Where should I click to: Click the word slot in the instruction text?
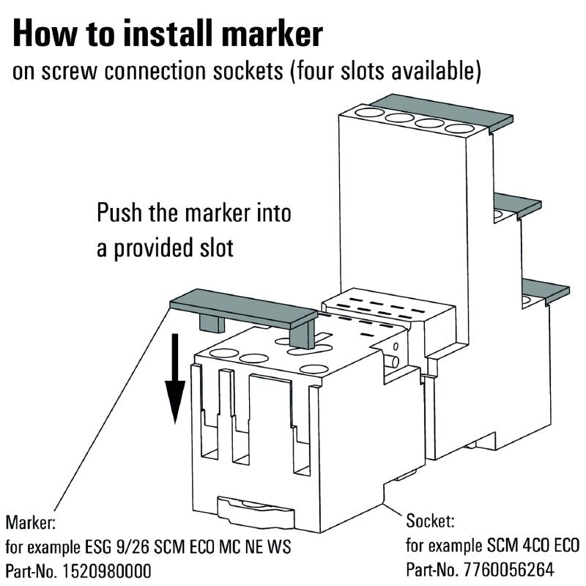click(212, 248)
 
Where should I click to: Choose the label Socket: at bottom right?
click(431, 522)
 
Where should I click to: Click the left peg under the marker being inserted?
click(209, 324)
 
